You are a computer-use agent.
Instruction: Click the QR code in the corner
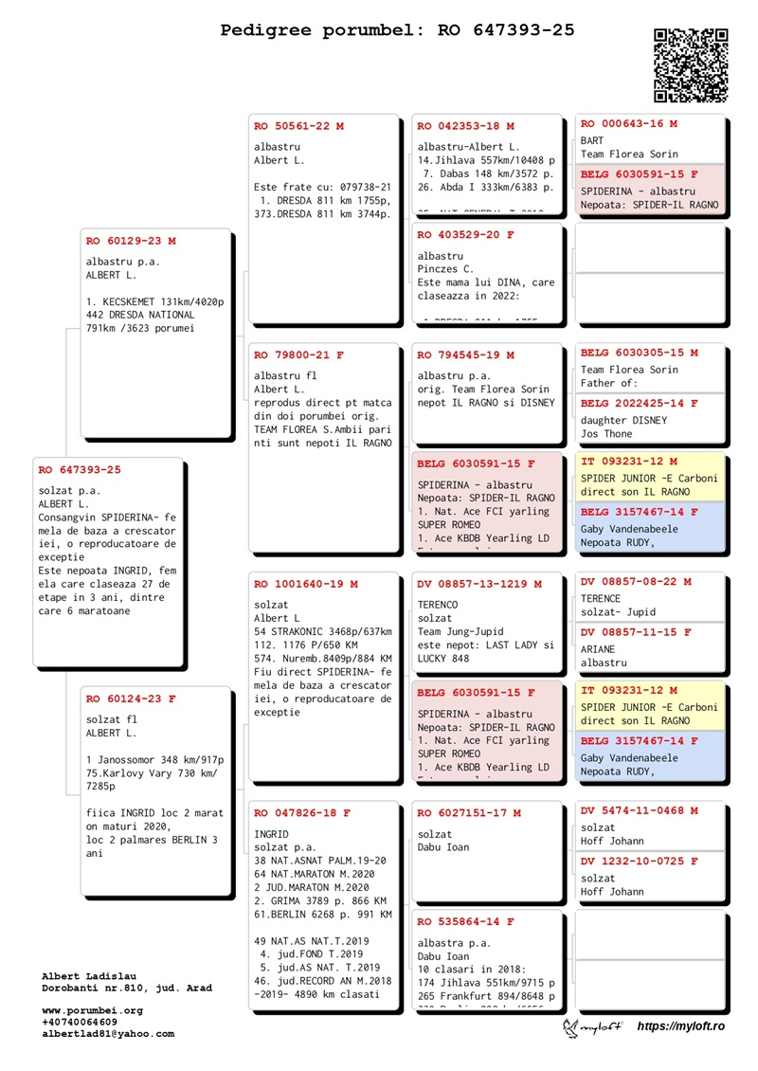point(691,65)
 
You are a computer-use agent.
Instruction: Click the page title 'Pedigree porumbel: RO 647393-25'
point(398,30)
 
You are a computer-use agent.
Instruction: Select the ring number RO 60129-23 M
point(131,241)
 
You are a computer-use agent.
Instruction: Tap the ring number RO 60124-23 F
point(131,699)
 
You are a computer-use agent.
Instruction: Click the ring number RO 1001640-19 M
point(306,584)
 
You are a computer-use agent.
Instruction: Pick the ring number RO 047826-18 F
point(302,813)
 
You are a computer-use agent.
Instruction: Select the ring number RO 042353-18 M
point(466,125)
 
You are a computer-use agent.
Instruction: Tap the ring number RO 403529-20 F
point(466,234)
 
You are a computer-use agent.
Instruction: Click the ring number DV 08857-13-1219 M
point(479,584)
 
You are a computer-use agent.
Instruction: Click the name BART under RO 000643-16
point(592,140)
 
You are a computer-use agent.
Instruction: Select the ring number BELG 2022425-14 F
point(640,403)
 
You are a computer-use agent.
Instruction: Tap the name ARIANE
point(598,649)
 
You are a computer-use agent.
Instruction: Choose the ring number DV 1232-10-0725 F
point(640,862)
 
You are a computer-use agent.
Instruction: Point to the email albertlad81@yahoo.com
point(108,1034)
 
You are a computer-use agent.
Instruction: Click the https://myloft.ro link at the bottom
point(680,1026)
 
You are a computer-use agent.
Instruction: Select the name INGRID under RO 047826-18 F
point(272,833)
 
